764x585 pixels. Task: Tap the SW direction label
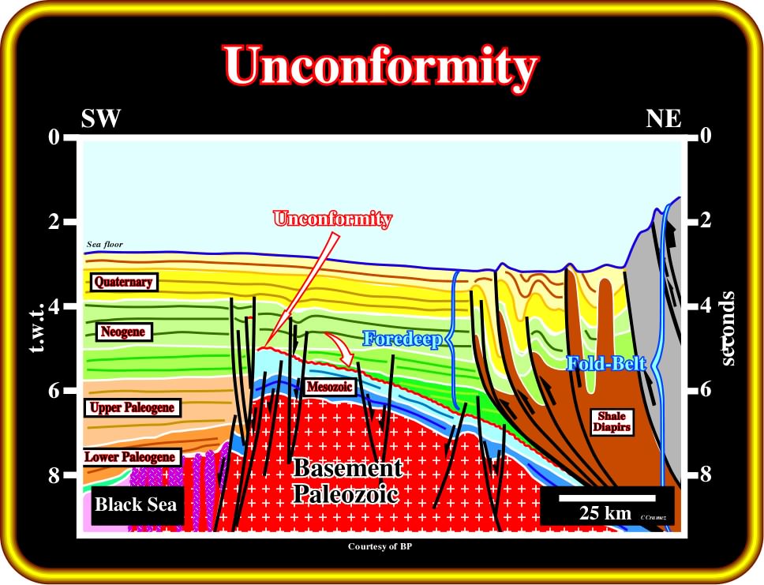pyautogui.click(x=100, y=118)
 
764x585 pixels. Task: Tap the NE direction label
pyautogui.click(x=664, y=118)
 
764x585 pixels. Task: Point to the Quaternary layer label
pyautogui.click(x=124, y=283)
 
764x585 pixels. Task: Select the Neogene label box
pyautogui.click(x=123, y=332)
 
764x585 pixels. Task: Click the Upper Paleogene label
pyautogui.click(x=132, y=407)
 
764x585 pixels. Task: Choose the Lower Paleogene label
pyautogui.click(x=130, y=457)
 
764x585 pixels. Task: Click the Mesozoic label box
pyautogui.click(x=329, y=388)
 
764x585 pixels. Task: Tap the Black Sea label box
pyautogui.click(x=136, y=504)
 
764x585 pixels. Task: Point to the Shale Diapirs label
pyautogui.click(x=612, y=422)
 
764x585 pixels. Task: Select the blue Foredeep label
pyautogui.click(x=402, y=339)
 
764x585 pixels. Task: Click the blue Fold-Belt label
pyautogui.click(x=606, y=364)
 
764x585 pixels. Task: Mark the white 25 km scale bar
pyautogui.click(x=607, y=498)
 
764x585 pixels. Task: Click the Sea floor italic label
pyautogui.click(x=105, y=244)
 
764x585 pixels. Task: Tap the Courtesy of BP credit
pyautogui.click(x=380, y=546)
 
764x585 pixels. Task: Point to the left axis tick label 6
pyautogui.click(x=54, y=390)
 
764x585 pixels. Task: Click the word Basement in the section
pyautogui.click(x=348, y=468)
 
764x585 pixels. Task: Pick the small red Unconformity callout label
pyautogui.click(x=333, y=219)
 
